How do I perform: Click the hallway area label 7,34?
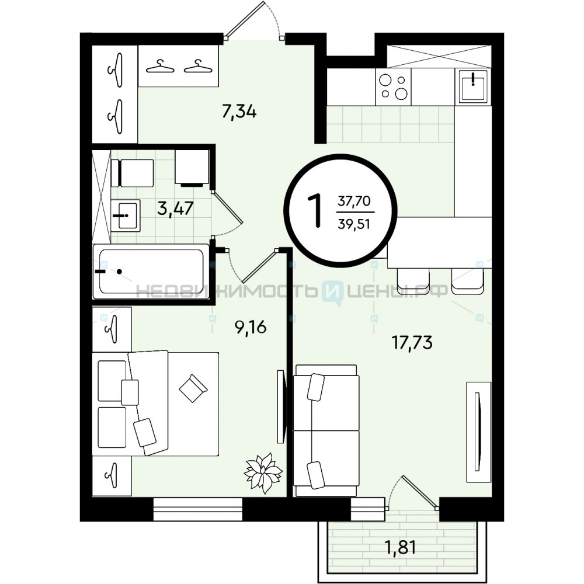(x=239, y=112)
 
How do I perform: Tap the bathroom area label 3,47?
(x=175, y=208)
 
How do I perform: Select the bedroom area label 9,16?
(x=251, y=327)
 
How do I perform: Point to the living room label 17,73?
(x=412, y=342)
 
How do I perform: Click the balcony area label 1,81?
(x=399, y=548)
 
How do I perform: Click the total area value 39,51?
(x=354, y=224)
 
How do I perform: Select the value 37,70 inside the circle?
(x=354, y=201)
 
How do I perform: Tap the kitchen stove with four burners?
(x=393, y=87)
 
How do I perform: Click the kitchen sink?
(x=472, y=86)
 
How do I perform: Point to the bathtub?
(x=151, y=271)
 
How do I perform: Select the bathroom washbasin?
(x=126, y=215)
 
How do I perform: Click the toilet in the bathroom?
(x=132, y=173)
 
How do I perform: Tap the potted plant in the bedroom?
(x=263, y=472)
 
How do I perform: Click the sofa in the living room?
(x=326, y=430)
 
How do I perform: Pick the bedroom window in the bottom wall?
(x=198, y=509)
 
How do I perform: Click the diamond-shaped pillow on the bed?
(x=193, y=388)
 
